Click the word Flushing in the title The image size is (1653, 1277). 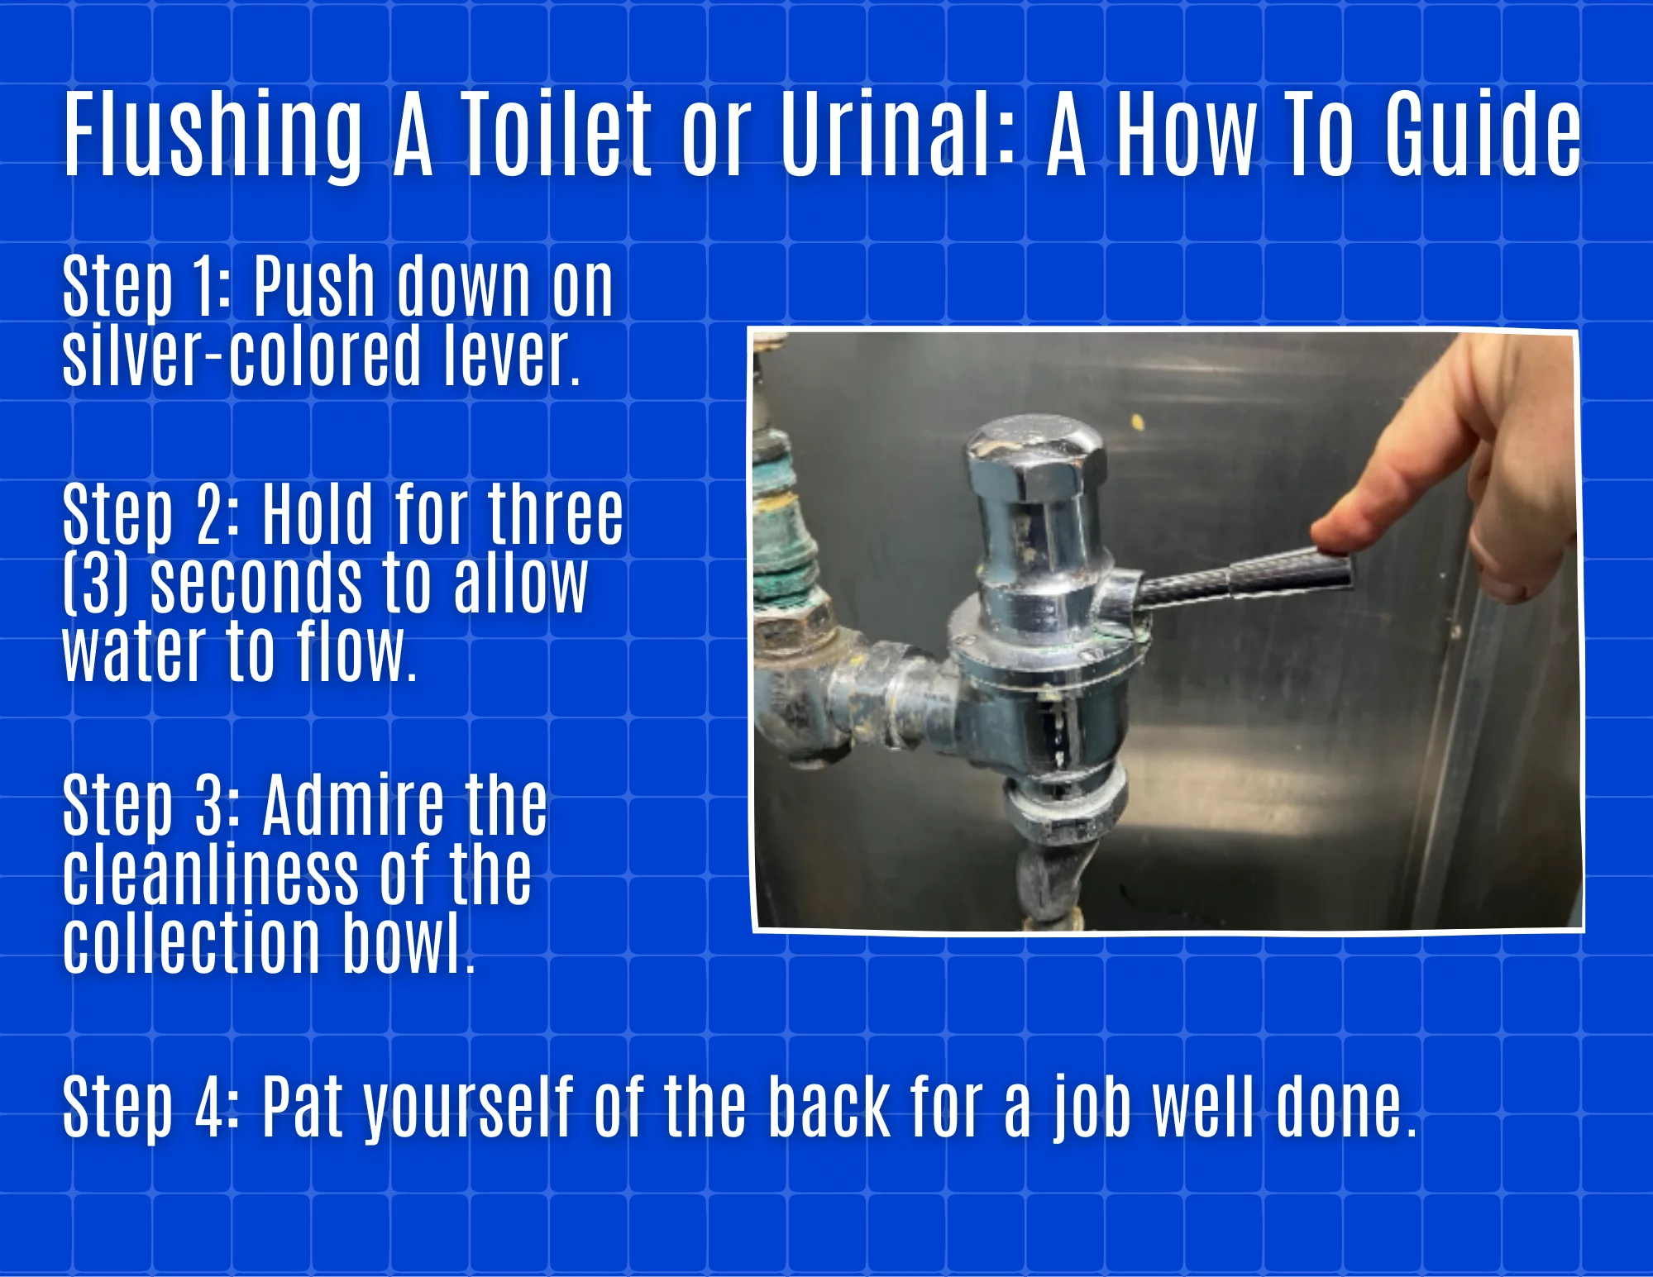pyautogui.click(x=213, y=134)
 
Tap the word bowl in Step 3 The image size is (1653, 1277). pyautogui.click(x=408, y=943)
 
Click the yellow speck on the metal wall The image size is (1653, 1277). pyautogui.click(x=1138, y=423)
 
